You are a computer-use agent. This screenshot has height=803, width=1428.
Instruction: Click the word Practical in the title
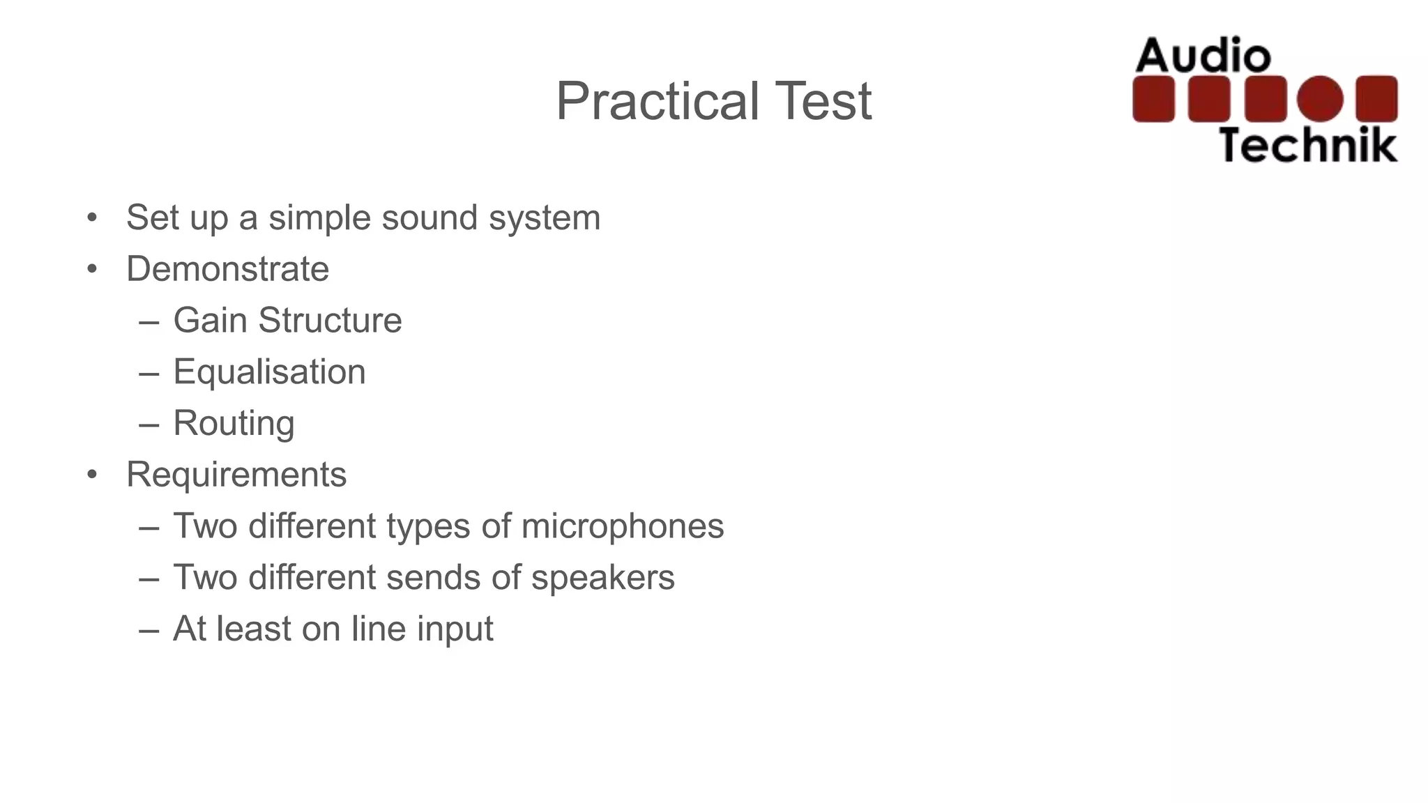pyautogui.click(x=658, y=102)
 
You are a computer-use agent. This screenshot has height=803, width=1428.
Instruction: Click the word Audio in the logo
pyautogui.click(x=1203, y=56)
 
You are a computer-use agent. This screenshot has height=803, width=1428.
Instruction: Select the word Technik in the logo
pyautogui.click(x=1307, y=145)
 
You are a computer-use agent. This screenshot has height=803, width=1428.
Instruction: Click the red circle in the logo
pyautogui.click(x=1319, y=99)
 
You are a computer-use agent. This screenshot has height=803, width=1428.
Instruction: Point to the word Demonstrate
pyautogui.click(x=227, y=269)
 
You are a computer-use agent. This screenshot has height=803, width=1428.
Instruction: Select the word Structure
pyautogui.click(x=330, y=321)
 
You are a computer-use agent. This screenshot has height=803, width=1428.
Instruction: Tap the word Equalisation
pyautogui.click(x=269, y=372)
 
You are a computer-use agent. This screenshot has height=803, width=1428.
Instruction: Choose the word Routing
pyautogui.click(x=234, y=424)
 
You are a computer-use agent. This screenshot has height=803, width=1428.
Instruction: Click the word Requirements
pyautogui.click(x=236, y=475)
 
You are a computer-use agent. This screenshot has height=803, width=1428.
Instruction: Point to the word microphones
pyautogui.click(x=622, y=526)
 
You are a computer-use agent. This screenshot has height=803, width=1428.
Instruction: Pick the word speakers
pyautogui.click(x=602, y=578)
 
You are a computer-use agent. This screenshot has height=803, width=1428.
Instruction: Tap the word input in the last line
pyautogui.click(x=455, y=629)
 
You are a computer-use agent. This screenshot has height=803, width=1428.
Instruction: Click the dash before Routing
pyautogui.click(x=149, y=424)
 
